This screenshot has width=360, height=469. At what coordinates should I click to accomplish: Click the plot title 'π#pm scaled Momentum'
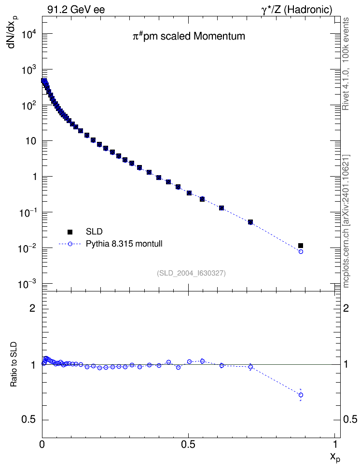pyautogui.click(x=189, y=36)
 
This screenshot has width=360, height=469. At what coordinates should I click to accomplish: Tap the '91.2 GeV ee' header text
pyautogui.click(x=76, y=10)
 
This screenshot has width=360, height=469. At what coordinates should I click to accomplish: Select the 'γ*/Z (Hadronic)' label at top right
pyautogui.click(x=297, y=10)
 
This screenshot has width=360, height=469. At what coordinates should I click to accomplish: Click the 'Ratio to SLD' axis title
pyautogui.click(x=14, y=364)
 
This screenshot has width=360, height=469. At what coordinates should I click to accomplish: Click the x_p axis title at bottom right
pyautogui.click(x=335, y=457)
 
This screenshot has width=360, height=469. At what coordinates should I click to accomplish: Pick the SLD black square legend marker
pyautogui.click(x=70, y=232)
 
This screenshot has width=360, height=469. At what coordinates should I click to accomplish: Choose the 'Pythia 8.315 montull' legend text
pyautogui.click(x=124, y=244)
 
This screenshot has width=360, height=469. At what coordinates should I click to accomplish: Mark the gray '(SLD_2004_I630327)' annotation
pyautogui.click(x=191, y=273)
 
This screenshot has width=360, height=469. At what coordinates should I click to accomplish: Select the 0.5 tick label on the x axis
pyautogui.click(x=188, y=444)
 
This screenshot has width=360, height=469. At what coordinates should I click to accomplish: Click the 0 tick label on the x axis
pyautogui.click(x=42, y=444)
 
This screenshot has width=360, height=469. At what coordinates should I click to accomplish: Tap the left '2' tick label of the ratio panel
pyautogui.click(x=32, y=308)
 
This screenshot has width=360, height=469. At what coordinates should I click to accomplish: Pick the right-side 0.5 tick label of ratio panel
pyautogui.click(x=350, y=420)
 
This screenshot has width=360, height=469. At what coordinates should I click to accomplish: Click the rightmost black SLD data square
pyautogui.click(x=301, y=246)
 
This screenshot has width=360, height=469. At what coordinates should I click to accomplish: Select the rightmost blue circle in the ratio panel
pyautogui.click(x=301, y=395)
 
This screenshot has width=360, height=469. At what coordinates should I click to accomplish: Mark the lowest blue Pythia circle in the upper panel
pyautogui.click(x=301, y=251)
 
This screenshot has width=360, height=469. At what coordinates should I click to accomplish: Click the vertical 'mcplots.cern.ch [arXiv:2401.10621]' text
pyautogui.click(x=346, y=221)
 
